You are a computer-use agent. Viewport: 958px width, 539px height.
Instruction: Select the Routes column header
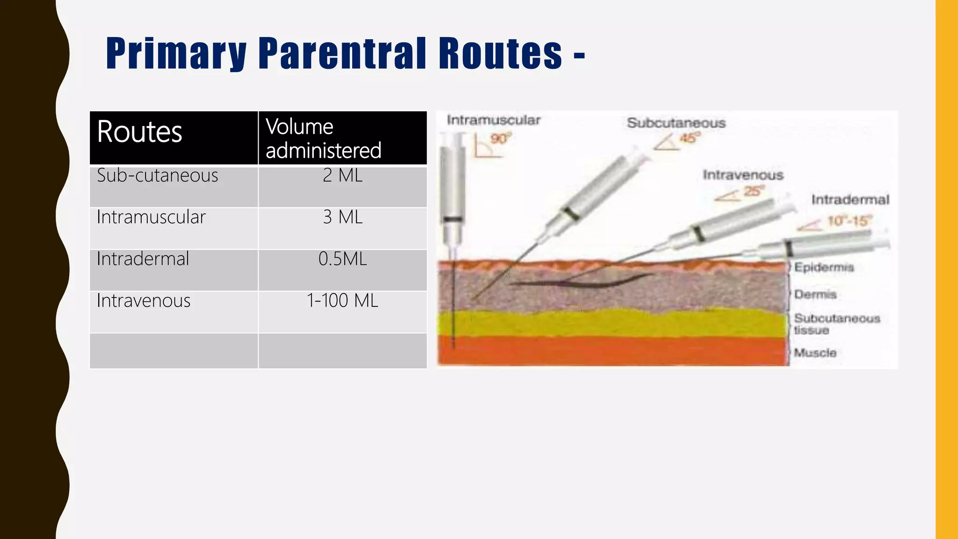coord(139,132)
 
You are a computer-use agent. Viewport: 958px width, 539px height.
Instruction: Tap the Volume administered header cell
coord(323,138)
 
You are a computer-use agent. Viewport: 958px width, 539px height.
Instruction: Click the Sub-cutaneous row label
coord(157,175)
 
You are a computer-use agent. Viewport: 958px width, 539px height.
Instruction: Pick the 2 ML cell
coord(342,175)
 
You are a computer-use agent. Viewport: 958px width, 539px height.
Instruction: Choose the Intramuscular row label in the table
coord(151,217)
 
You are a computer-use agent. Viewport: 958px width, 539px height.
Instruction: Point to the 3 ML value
coord(342,217)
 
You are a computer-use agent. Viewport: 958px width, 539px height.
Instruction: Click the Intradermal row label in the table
coord(143,259)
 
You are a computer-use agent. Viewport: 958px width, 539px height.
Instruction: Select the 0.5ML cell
coord(342,259)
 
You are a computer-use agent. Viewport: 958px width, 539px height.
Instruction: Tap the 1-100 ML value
coord(342,300)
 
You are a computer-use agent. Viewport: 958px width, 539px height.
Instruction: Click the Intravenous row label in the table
coord(143,300)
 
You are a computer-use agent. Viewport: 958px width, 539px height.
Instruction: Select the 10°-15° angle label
coord(849,221)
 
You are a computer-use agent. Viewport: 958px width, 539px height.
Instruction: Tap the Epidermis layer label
coord(824,267)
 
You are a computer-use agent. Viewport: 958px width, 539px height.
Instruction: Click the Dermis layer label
coord(815,294)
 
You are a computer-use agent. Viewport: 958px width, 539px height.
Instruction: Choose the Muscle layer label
coord(815,353)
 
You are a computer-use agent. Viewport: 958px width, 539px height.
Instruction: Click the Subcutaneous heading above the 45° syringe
coord(676,123)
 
